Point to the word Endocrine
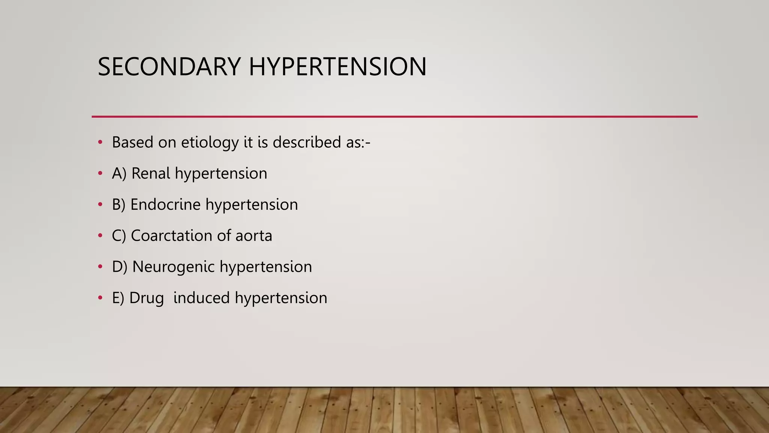[165, 205]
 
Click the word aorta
[253, 236]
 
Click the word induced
[202, 298]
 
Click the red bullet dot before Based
[100, 142]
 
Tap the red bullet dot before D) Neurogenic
[100, 267]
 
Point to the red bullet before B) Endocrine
[100, 204]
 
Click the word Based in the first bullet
[133, 142]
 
